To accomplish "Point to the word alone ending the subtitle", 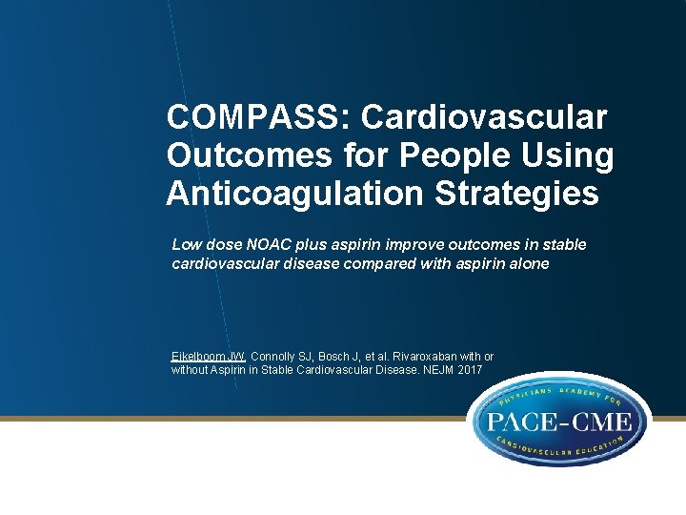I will (530, 263).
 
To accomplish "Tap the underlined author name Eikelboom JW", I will (209, 356).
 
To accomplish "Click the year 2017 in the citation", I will (470, 370).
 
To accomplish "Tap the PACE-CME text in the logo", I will (560, 422).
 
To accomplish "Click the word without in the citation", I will (191, 370).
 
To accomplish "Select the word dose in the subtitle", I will (219, 245).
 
